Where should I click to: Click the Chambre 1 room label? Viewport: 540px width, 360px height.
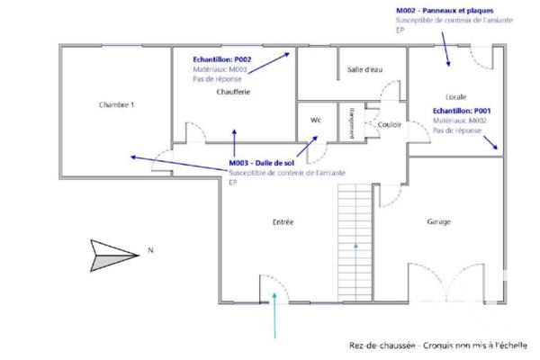(116, 105)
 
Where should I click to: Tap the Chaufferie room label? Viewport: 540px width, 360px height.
(233, 92)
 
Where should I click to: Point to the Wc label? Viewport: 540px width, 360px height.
(316, 120)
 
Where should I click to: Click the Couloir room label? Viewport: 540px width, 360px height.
(389, 124)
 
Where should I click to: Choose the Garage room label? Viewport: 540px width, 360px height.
(438, 221)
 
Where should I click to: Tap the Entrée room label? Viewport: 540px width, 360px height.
(283, 221)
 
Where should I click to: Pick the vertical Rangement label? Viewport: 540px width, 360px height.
(351, 122)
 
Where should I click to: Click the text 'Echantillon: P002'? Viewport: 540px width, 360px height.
(222, 59)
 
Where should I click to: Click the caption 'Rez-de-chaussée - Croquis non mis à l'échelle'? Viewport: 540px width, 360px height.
(438, 344)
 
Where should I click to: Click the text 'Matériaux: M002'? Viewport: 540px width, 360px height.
(460, 120)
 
